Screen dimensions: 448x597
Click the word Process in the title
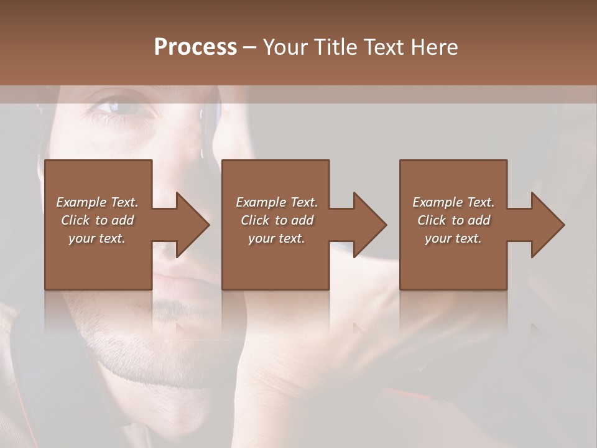coord(195,47)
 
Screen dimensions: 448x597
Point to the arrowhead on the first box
coord(190,225)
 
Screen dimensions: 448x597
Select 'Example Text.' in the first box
coord(97,202)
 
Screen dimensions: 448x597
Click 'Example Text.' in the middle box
coord(277,202)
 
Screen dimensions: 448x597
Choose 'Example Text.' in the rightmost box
coord(453,202)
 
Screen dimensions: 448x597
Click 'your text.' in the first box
coord(97,238)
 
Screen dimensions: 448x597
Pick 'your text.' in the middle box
coord(277,238)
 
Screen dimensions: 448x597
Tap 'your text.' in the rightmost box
coord(453,238)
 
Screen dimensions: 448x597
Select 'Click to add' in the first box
coord(97,220)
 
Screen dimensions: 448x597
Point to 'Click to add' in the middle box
coord(277,220)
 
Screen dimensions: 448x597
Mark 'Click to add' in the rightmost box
coord(453,220)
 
